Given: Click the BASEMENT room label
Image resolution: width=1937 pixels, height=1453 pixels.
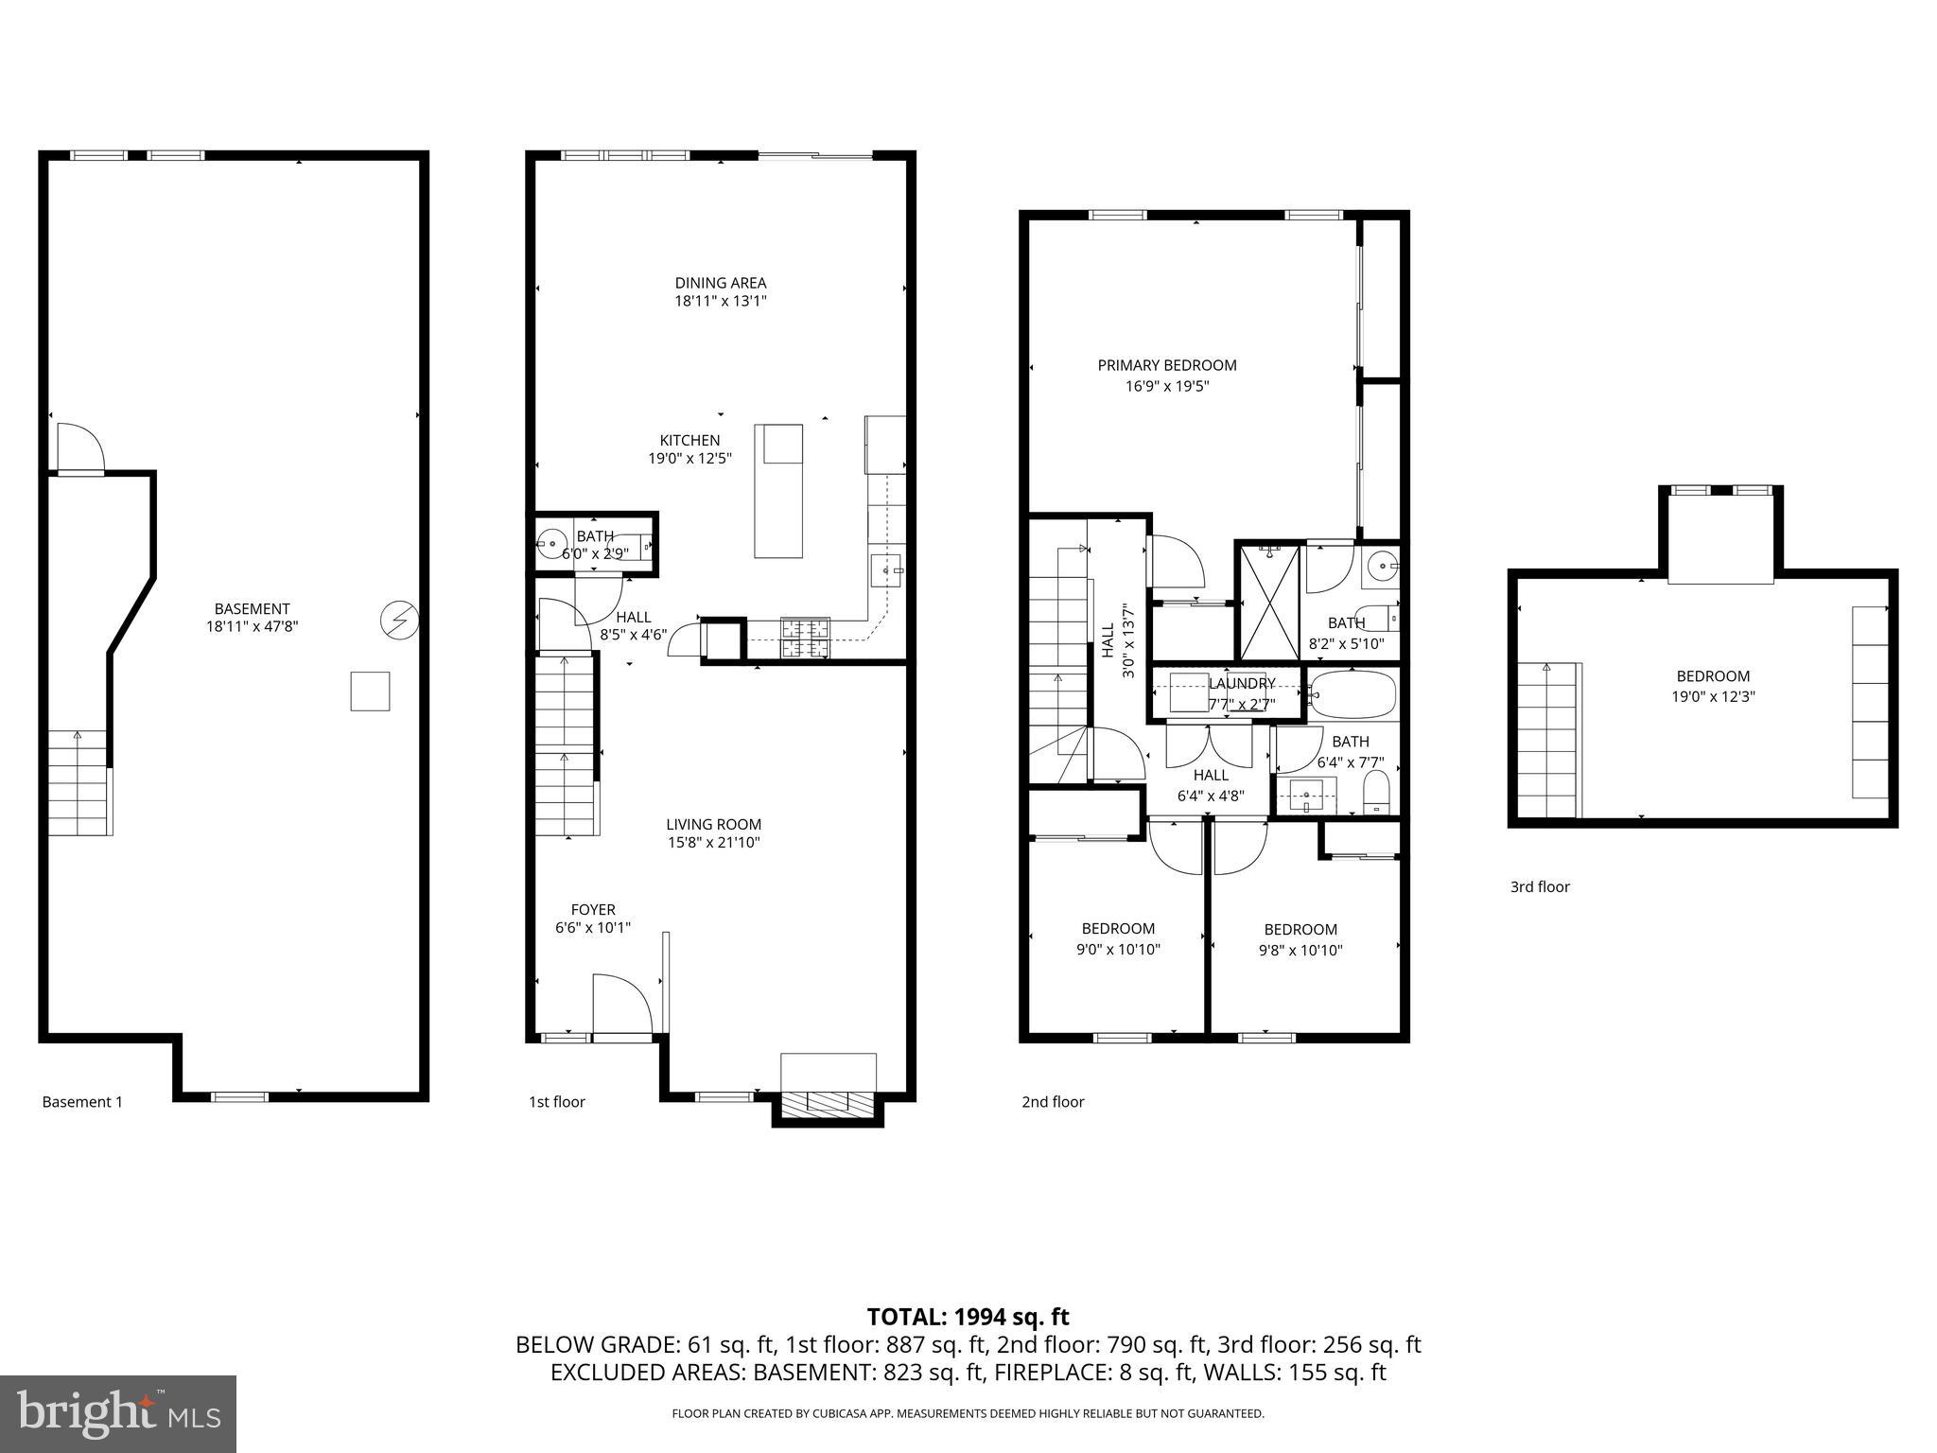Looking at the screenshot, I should coord(252,609).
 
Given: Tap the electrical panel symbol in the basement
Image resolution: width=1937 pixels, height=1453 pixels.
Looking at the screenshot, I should coord(399,621).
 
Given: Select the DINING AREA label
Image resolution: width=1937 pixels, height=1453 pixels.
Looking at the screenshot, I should coord(720,283).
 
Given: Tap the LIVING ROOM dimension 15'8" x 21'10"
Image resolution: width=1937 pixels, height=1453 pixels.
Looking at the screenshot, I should coord(713,843).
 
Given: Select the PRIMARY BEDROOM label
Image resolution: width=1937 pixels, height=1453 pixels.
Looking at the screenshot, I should coord(1166,365).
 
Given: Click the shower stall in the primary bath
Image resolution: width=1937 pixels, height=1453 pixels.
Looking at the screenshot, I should coord(1269,602).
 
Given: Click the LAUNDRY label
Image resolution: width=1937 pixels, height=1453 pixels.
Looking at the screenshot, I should coord(1242,684).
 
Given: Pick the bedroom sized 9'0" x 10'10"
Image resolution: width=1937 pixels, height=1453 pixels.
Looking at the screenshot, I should coord(1118,939).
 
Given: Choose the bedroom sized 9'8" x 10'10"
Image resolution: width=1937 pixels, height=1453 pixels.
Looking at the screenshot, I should coord(1300,940).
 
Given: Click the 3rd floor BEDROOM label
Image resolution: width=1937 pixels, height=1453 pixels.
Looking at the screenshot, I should coord(1713,676).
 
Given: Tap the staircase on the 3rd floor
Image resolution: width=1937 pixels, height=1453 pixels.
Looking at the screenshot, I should coord(1548,740).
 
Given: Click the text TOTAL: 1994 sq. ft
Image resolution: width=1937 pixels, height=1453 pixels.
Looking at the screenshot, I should coord(968,1317).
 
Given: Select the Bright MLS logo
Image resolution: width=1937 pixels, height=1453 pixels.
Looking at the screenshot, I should coord(118,1413).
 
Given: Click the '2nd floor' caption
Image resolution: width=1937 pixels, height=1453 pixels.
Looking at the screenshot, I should coord(1053,1102).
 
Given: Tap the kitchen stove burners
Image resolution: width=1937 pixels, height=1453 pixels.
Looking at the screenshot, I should coord(804,638).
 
